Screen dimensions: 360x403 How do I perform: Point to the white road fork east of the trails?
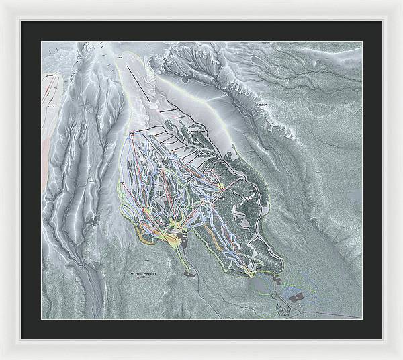pyautogui.click(x=251, y=195)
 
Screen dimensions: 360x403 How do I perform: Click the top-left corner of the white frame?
pyautogui.click(x=2, y=2)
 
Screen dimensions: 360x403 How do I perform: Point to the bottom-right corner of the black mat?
pyautogui.click(x=381, y=338)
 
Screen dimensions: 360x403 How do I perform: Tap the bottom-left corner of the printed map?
pyautogui.click(x=42, y=318)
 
